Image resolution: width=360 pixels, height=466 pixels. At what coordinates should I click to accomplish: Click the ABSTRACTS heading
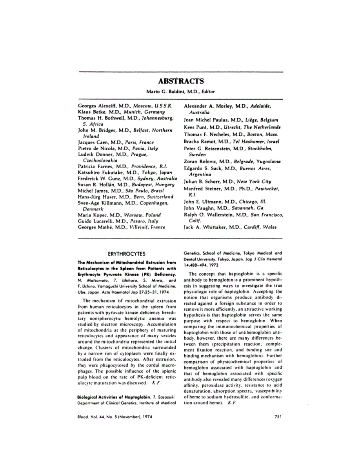pos(180,82)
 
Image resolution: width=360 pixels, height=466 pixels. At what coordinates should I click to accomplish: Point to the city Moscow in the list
pos(135,106)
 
